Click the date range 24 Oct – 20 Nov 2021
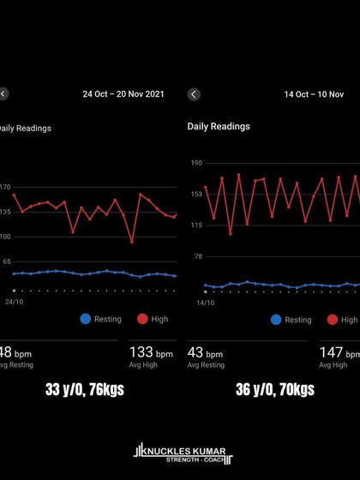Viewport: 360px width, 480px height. (123, 94)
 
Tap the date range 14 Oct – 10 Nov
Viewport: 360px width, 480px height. (314, 94)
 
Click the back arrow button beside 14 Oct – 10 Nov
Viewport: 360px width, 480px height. (194, 94)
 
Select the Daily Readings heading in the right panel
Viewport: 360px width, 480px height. (219, 126)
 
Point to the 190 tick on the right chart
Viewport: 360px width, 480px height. (196, 162)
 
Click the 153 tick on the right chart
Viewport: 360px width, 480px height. (196, 194)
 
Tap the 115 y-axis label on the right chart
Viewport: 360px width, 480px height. (196, 225)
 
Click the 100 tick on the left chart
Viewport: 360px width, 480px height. (5, 236)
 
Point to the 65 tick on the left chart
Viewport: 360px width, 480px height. (7, 261)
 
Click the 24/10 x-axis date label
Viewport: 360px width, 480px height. (15, 302)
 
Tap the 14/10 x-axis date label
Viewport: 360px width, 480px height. (206, 303)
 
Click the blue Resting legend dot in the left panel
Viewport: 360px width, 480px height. (85, 319)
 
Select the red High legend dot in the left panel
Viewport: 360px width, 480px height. (142, 319)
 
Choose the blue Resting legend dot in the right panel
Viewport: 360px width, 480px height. (276, 320)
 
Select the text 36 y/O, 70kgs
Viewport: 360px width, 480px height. (275, 390)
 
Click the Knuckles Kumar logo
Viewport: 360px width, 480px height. (180, 453)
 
